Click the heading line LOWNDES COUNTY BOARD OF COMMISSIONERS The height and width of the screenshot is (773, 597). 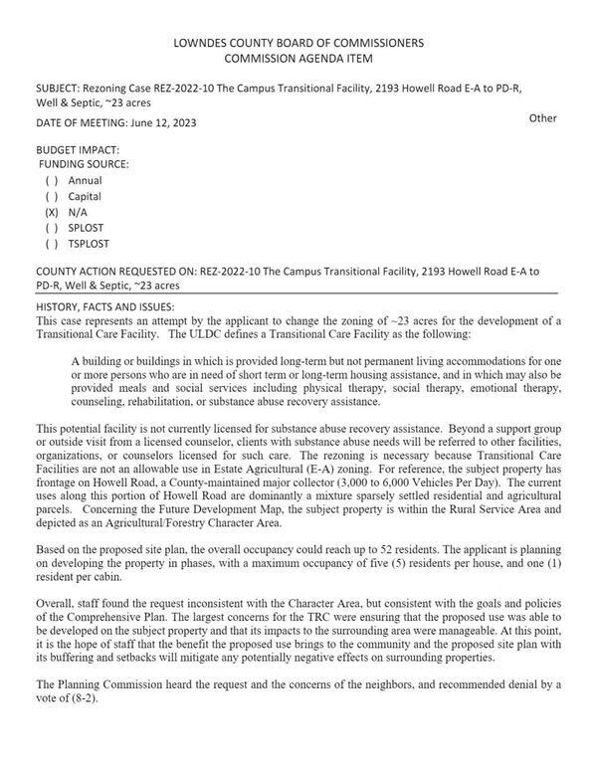[298, 43]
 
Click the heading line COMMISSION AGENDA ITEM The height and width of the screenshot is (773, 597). [298, 58]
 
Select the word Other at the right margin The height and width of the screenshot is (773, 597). [542, 118]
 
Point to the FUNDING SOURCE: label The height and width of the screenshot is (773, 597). [84, 165]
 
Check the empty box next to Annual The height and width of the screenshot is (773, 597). [52, 181]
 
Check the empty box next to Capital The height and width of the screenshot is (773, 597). [52, 197]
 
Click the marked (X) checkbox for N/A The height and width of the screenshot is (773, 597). [52, 213]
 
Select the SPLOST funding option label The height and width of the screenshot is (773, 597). [87, 228]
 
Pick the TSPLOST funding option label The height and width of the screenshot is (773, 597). [89, 244]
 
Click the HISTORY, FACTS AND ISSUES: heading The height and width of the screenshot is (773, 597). [105, 306]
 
